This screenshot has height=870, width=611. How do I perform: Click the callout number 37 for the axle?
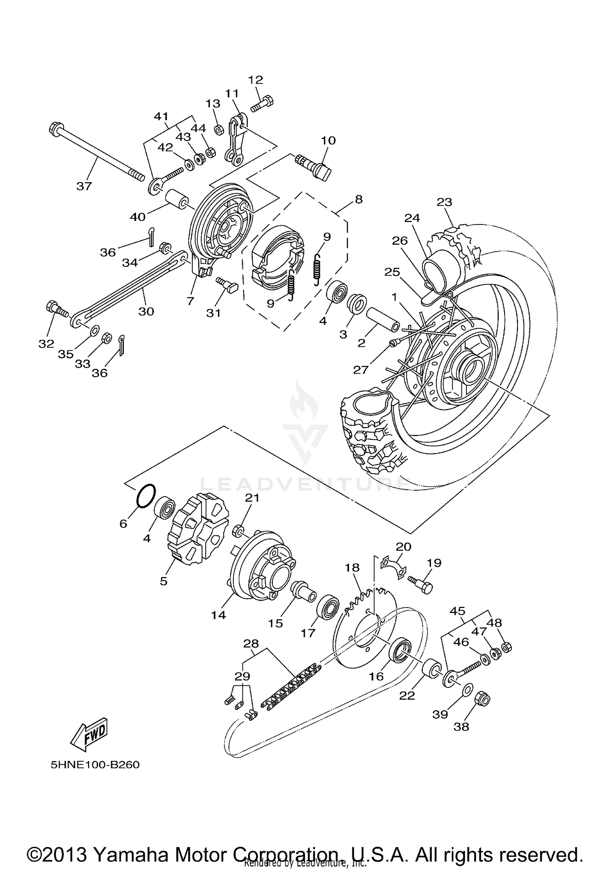pyautogui.click(x=84, y=187)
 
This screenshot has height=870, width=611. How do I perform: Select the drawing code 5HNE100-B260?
pyautogui.click(x=95, y=765)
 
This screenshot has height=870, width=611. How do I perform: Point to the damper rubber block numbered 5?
pyautogui.click(x=197, y=529)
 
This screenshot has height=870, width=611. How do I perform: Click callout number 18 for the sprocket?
pyautogui.click(x=352, y=568)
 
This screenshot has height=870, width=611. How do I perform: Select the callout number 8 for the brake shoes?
pyautogui.click(x=358, y=200)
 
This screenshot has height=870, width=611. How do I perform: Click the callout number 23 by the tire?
pyautogui.click(x=445, y=202)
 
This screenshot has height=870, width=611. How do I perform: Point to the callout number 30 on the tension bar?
pyautogui.click(x=146, y=311)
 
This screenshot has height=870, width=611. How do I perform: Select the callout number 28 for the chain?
pyautogui.click(x=251, y=644)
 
